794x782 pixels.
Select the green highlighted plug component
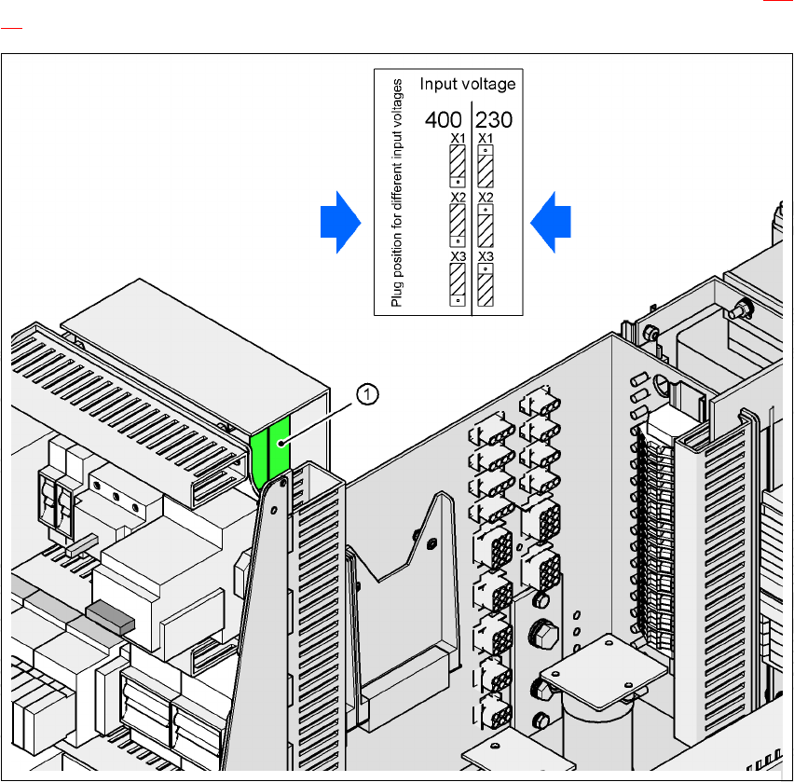[271, 451]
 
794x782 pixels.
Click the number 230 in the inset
[495, 120]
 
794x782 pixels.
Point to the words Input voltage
[467, 85]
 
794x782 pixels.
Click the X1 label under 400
[458, 139]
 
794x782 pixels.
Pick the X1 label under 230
[486, 139]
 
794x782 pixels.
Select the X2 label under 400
[458, 198]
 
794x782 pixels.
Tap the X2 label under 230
[486, 198]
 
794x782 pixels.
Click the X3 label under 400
[458, 256]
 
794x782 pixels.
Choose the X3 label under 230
[486, 256]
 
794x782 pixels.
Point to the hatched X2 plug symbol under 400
[458, 225]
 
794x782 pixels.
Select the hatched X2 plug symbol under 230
[486, 225]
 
